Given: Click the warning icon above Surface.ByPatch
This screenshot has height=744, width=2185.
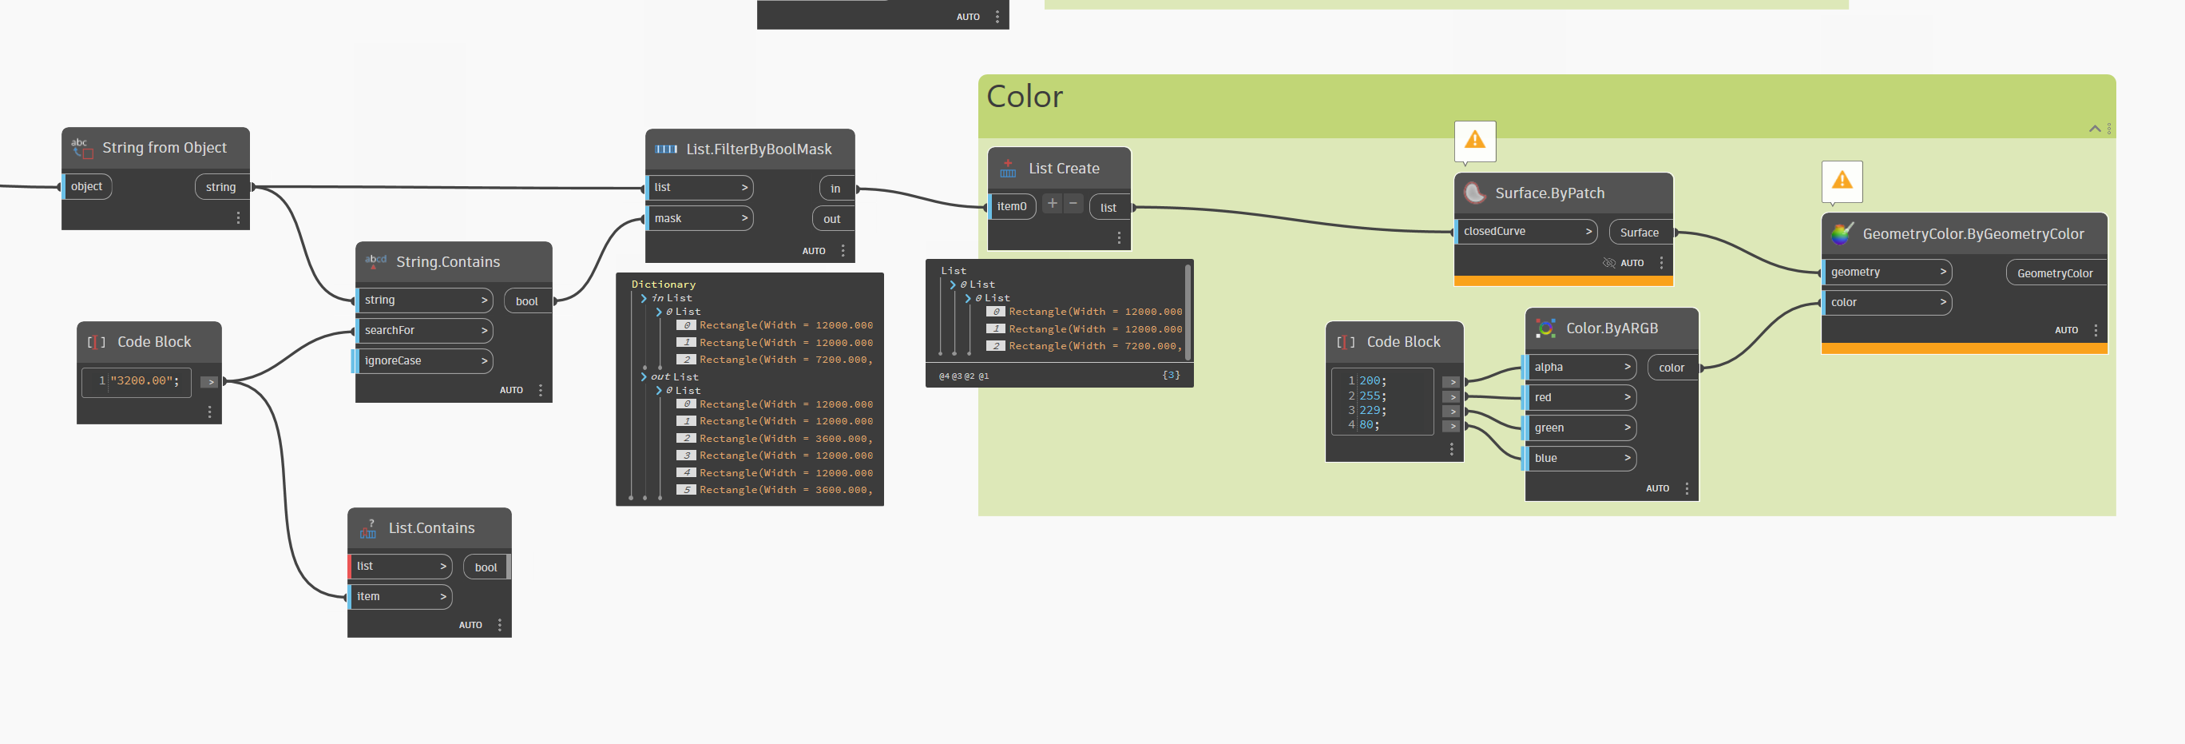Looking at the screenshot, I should (x=1474, y=140).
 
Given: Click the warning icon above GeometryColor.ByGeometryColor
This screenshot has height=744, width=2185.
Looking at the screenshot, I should (x=1842, y=180).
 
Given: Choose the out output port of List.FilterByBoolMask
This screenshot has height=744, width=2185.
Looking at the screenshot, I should (x=831, y=219).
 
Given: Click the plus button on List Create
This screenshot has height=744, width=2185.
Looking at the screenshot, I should (x=1052, y=204).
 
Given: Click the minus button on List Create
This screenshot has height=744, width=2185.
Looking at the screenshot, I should (x=1073, y=204).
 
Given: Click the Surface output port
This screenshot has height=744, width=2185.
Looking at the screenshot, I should (x=1639, y=233).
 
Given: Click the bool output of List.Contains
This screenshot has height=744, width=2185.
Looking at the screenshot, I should (x=486, y=567).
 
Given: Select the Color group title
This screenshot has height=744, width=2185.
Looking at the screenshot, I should (x=1025, y=97).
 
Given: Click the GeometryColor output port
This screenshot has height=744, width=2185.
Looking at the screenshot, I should (x=2054, y=273).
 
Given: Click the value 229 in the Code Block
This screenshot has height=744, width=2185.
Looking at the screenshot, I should (x=1370, y=411).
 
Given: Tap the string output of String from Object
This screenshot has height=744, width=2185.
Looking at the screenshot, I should (x=220, y=188).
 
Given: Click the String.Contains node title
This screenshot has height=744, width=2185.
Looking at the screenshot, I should (x=448, y=262).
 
